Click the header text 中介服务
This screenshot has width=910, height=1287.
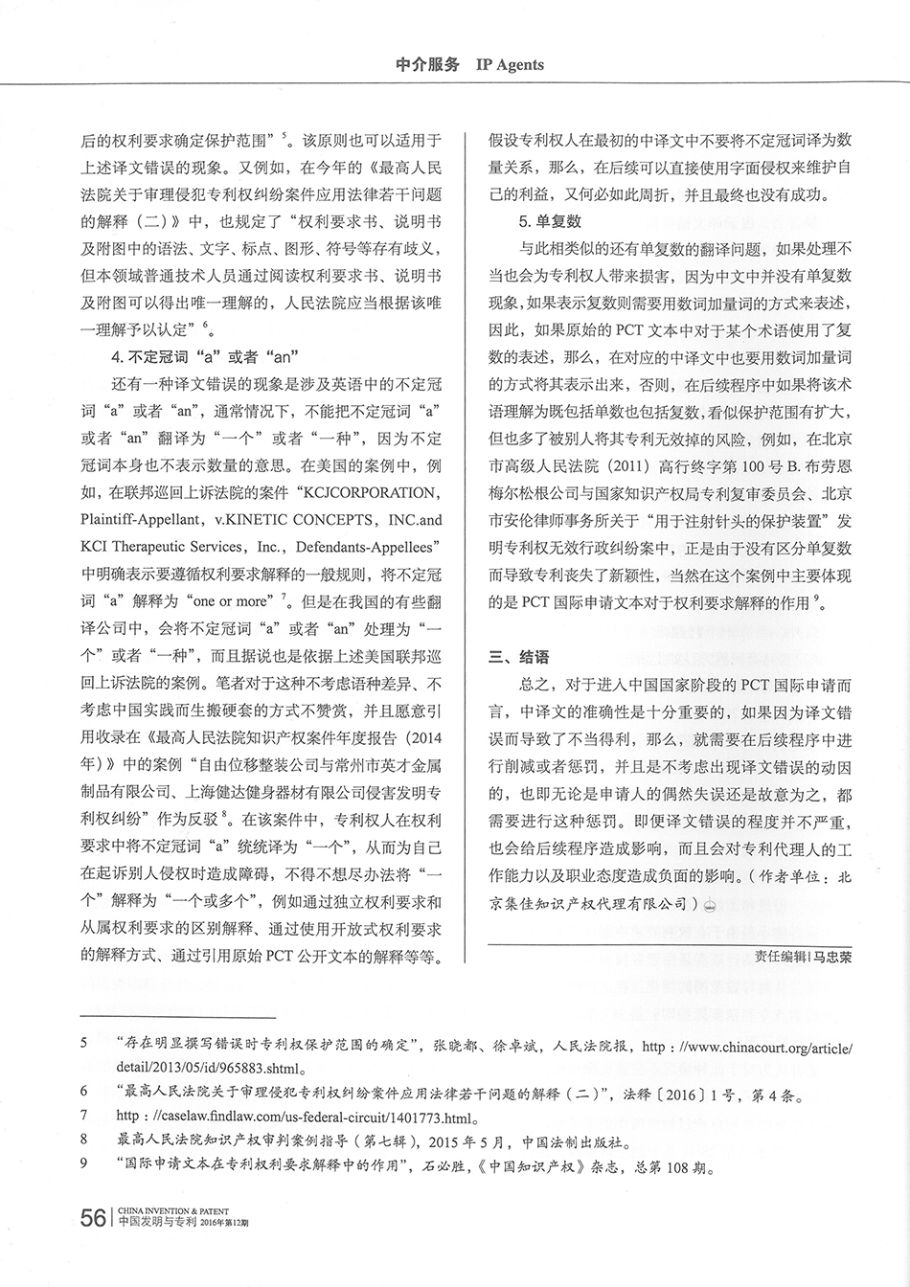(427, 65)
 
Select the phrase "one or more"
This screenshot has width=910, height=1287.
(230, 601)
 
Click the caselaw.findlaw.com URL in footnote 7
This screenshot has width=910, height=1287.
(297, 1117)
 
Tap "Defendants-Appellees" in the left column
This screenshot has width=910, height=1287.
(363, 547)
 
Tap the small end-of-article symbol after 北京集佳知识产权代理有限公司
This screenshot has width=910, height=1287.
(710, 903)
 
